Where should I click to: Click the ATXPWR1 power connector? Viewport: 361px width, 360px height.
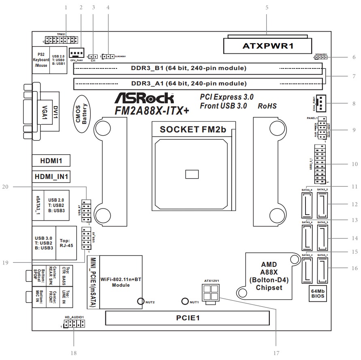[267, 46]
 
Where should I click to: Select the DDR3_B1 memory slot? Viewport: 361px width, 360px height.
[198, 68]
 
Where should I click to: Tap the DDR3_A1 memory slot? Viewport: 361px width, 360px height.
[198, 84]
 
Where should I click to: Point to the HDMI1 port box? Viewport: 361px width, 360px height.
[51, 161]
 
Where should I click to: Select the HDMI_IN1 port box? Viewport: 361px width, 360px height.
[51, 177]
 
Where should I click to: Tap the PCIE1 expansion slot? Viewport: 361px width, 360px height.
[187, 318]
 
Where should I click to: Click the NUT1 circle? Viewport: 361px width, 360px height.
[185, 302]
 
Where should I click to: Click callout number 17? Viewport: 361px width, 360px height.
[276, 353]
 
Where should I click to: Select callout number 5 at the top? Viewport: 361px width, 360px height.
[267, 7]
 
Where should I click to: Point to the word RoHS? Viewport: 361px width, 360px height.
[267, 106]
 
